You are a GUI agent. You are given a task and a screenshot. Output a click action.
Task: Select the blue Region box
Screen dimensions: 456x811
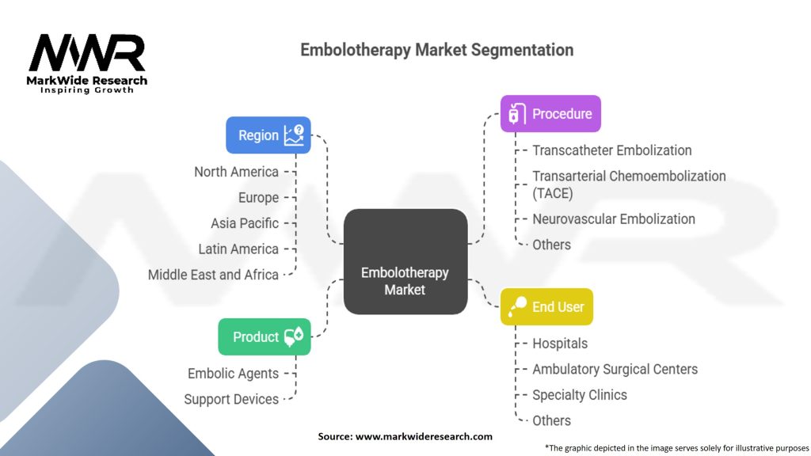(x=268, y=135)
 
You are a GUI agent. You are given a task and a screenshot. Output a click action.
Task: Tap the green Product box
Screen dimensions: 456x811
(x=264, y=337)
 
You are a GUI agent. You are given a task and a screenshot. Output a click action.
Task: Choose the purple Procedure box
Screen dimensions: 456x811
(x=550, y=114)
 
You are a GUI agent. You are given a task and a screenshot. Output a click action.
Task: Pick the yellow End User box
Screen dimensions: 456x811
(x=546, y=307)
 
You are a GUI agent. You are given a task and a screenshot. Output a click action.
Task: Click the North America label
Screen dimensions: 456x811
(x=236, y=172)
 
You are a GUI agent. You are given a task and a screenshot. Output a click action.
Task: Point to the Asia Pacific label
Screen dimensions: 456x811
(x=244, y=223)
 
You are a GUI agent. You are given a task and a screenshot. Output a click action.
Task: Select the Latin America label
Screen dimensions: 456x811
(x=238, y=249)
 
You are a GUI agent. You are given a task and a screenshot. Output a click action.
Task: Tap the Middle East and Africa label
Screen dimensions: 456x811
(x=213, y=275)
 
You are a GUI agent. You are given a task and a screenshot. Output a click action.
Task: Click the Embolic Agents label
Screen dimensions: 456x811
(x=233, y=373)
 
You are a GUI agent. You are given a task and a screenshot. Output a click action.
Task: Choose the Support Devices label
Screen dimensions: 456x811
(x=231, y=399)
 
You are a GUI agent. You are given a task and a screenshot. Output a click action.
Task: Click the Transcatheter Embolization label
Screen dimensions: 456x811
(x=611, y=150)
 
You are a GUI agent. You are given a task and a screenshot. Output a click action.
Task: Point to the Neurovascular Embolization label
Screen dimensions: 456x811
(x=613, y=218)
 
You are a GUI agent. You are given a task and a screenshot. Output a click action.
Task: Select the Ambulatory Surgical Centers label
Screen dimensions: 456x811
(x=615, y=369)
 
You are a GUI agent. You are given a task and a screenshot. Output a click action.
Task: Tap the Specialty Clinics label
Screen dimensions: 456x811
(x=579, y=394)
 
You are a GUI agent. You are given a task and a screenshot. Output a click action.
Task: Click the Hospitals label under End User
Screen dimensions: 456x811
(x=559, y=344)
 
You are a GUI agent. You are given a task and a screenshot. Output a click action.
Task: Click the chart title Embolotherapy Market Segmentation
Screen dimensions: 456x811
(x=436, y=50)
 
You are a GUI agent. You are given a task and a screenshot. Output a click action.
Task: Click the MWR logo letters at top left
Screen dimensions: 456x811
(x=88, y=54)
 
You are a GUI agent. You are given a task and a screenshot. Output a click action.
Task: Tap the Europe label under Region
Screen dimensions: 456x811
(x=258, y=197)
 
